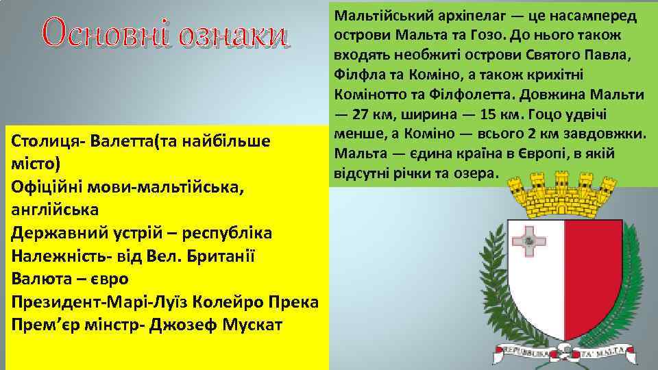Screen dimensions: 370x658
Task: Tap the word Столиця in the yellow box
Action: coord(45,141)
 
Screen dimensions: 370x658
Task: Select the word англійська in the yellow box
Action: coord(55,209)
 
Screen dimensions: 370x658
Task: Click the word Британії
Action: coord(211,256)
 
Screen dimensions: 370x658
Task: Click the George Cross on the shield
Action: coord(529,239)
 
